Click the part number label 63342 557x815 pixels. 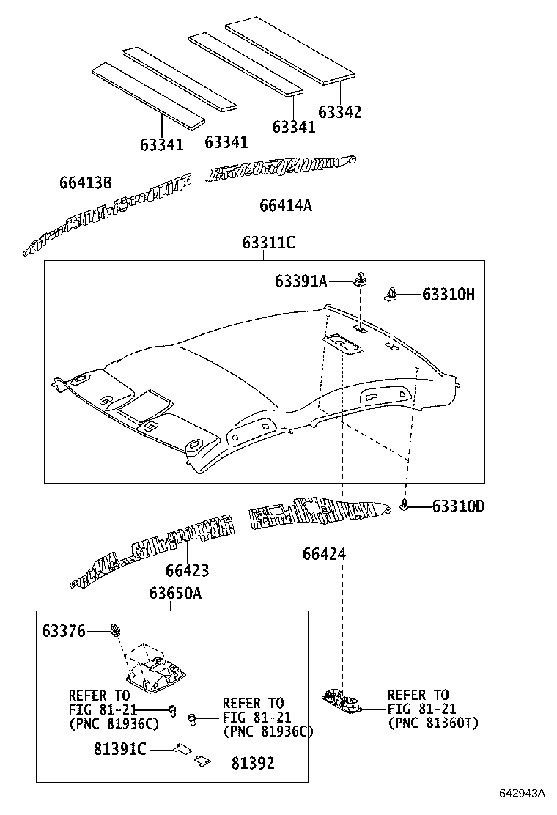tap(339, 112)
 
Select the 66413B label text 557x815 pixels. tap(86, 183)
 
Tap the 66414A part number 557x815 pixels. tap(285, 205)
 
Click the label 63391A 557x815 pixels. tap(301, 281)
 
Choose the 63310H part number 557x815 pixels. tap(449, 295)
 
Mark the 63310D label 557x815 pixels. tap(458, 506)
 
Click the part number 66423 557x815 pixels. tap(187, 569)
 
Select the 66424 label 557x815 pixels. tap(324, 554)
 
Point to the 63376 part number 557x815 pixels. tap(64, 631)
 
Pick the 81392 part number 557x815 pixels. tap(253, 764)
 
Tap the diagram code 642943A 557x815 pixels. tap(523, 793)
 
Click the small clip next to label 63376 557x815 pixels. tap(115, 630)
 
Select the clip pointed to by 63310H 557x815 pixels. tap(392, 295)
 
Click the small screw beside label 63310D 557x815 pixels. tap(405, 504)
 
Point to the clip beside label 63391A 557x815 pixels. tap(359, 279)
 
